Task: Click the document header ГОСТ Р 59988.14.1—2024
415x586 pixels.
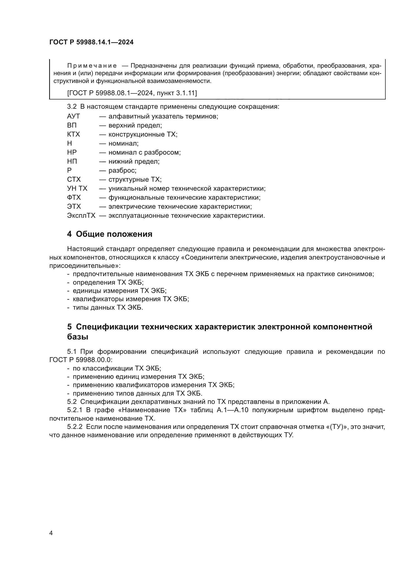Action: point(91,42)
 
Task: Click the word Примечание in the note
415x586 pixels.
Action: point(92,66)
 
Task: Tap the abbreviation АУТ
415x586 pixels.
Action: point(73,116)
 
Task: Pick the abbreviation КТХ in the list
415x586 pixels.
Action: point(73,134)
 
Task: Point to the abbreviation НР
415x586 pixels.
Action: point(72,152)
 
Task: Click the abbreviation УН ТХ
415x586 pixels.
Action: point(77,189)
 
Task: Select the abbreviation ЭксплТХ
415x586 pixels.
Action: point(81,216)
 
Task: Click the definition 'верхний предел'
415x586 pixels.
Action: point(135,125)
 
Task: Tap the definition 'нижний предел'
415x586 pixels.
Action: point(134,161)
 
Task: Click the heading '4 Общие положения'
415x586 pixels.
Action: point(110,234)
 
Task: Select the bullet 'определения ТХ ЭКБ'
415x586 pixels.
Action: point(108,283)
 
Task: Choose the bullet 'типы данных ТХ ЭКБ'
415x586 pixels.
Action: point(108,308)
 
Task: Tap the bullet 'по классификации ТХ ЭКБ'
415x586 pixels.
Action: point(117,368)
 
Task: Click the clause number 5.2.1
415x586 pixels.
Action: point(74,410)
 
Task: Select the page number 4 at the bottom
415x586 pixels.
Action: point(51,533)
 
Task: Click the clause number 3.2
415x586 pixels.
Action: point(72,107)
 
